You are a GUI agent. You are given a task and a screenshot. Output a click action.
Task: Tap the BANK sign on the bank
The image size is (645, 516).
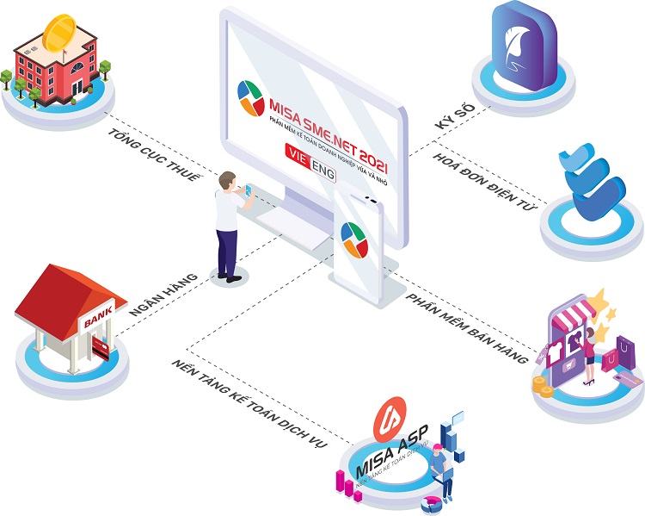[x=95, y=323]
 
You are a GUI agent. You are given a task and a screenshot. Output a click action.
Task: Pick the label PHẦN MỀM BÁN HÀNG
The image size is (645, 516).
[x=466, y=325]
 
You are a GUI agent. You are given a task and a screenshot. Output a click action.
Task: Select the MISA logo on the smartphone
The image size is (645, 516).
[x=354, y=240]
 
